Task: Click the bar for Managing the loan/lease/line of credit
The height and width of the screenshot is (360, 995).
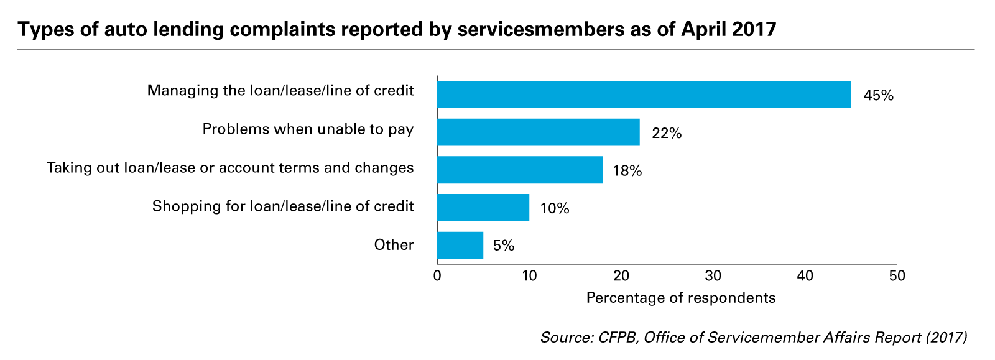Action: (x=644, y=95)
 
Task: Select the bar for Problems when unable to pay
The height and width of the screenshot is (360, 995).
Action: (x=538, y=132)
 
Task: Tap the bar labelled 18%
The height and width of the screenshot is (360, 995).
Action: (x=520, y=170)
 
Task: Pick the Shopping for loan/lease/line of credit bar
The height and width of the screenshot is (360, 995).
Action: (x=483, y=208)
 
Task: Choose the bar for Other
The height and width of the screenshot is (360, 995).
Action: (x=460, y=246)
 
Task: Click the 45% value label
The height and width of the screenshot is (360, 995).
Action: (x=878, y=96)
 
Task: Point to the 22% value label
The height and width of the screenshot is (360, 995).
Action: (x=667, y=133)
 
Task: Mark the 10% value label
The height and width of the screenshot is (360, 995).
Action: (x=555, y=208)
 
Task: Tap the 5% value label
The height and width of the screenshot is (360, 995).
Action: (x=504, y=246)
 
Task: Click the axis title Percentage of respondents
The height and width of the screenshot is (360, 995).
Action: (x=681, y=298)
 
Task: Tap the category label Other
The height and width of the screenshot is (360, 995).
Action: (x=394, y=245)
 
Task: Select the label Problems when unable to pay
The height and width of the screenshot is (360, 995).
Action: (x=308, y=130)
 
